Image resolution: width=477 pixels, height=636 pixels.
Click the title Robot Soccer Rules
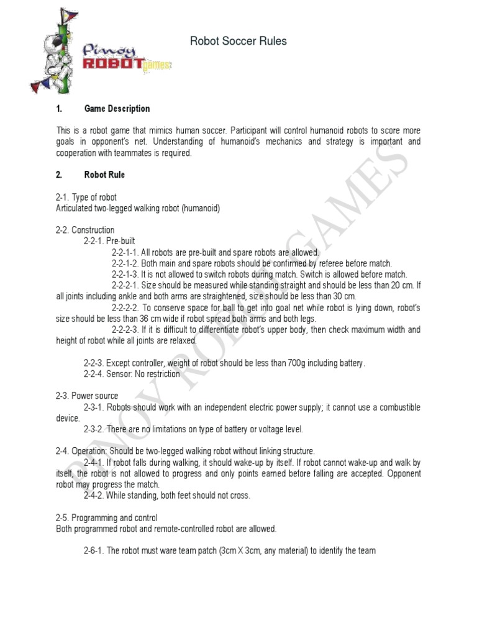point(238,42)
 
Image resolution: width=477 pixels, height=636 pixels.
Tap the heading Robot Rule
point(104,175)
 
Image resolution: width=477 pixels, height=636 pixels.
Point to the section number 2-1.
point(63,198)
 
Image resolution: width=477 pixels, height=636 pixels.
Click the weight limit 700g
point(293,363)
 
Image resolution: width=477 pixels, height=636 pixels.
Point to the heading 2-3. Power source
point(87,396)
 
